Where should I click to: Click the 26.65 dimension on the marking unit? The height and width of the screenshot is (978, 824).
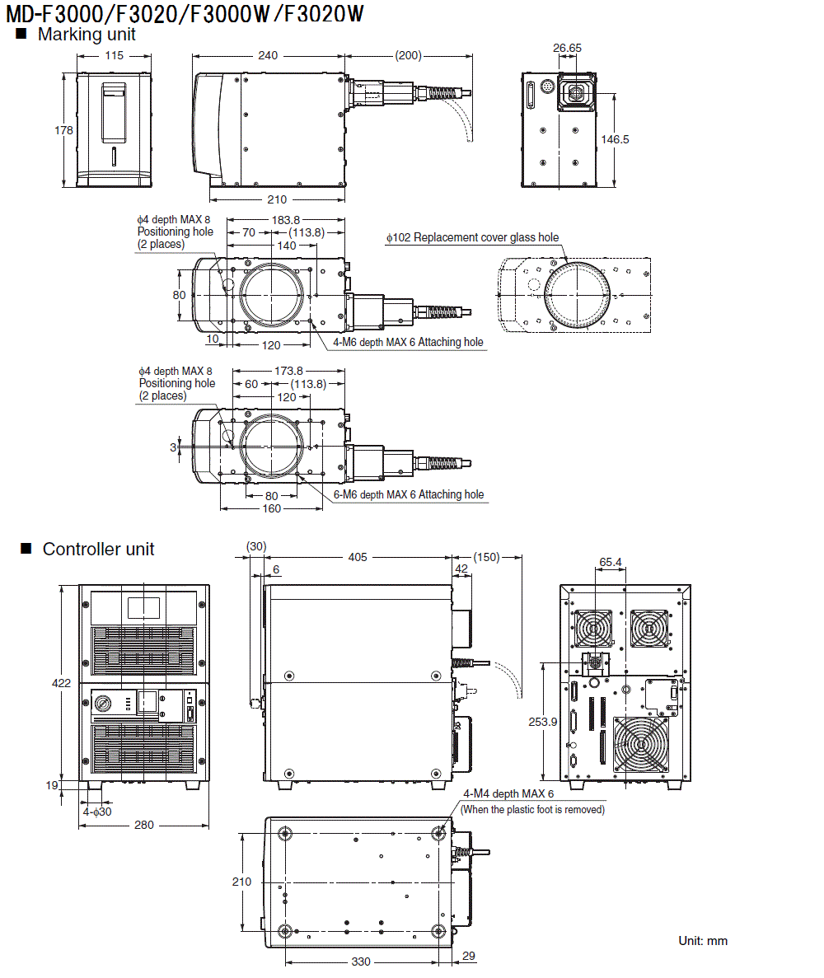pos(567,48)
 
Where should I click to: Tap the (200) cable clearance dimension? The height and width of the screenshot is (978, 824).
pos(408,56)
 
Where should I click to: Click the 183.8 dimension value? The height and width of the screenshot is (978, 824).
pos(285,220)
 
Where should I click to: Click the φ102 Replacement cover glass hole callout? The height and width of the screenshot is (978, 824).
pos(473,237)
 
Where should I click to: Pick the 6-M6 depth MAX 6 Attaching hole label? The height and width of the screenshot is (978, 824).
pos(409,494)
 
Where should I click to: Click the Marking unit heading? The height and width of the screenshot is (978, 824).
pos(87,35)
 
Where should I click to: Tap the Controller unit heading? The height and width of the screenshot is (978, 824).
pos(98,549)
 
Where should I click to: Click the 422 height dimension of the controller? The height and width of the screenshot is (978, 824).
pos(62,683)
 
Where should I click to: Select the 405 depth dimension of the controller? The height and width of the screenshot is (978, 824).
pos(357,558)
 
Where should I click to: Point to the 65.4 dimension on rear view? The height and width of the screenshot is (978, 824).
pos(611,562)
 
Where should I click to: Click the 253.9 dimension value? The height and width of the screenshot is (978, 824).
pos(542,721)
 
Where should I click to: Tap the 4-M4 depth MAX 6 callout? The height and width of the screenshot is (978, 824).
pos(508,793)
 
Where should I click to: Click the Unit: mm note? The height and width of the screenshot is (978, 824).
pos(703,940)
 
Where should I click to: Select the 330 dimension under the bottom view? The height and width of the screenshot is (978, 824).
pos(361,962)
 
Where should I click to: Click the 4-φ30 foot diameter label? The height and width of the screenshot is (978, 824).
pos(96,812)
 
